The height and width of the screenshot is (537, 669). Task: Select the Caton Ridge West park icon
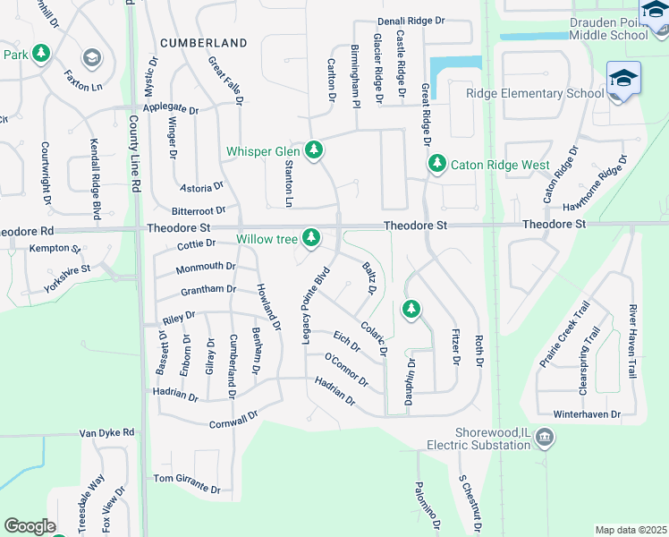click(x=436, y=164)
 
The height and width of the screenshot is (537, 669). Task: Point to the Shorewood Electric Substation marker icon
click(x=544, y=438)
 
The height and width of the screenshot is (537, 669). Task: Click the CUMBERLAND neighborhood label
click(x=203, y=43)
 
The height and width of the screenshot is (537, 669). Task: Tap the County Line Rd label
click(x=135, y=153)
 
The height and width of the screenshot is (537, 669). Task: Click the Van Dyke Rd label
click(x=106, y=432)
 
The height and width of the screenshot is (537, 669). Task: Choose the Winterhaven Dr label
click(x=587, y=414)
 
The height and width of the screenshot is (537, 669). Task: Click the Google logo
click(x=30, y=526)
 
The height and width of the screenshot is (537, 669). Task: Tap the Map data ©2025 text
click(x=630, y=530)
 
